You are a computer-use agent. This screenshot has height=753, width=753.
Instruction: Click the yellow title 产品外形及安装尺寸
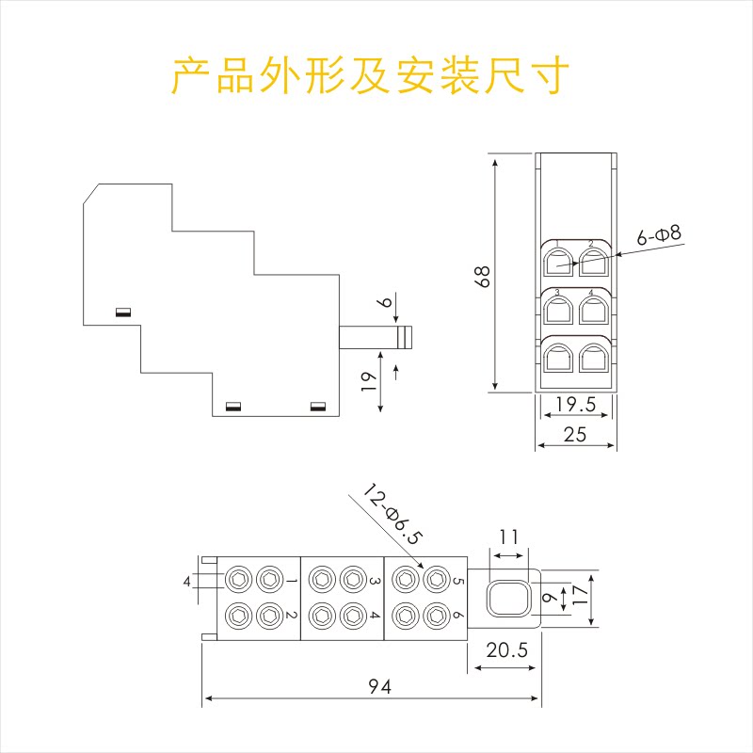pyautogui.click(x=370, y=75)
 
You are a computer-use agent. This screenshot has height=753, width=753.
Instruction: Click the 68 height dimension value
pyautogui.click(x=483, y=276)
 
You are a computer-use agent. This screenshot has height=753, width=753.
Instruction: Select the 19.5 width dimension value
pyautogui.click(x=575, y=406)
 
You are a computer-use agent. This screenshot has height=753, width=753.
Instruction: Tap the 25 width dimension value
pyautogui.click(x=575, y=434)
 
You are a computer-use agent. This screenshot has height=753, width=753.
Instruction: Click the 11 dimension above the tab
pyautogui.click(x=509, y=538)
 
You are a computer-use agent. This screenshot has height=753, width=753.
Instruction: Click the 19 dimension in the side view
pyautogui.click(x=369, y=378)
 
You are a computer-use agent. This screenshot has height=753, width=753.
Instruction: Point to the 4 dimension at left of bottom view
pyautogui.click(x=187, y=582)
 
